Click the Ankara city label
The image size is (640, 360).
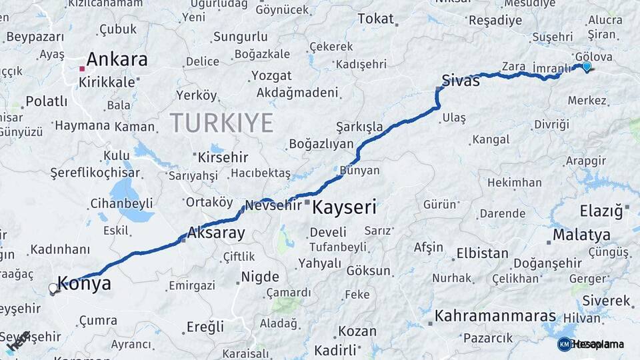(117, 59)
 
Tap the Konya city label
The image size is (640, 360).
(85, 283)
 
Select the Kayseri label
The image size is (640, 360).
(345, 207)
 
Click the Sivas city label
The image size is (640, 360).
(460, 81)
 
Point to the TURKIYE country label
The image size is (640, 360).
(221, 123)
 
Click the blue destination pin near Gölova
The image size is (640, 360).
(587, 66)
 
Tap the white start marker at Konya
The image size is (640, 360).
(53, 289)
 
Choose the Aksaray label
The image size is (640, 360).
(216, 233)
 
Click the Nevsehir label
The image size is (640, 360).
(273, 205)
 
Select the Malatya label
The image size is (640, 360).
(581, 235)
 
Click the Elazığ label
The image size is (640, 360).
(601, 211)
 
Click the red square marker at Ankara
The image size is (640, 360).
(82, 69)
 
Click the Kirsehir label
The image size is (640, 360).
(223, 158)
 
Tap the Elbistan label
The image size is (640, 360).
(482, 253)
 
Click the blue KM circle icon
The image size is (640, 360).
(564, 344)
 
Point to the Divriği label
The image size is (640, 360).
(552, 125)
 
